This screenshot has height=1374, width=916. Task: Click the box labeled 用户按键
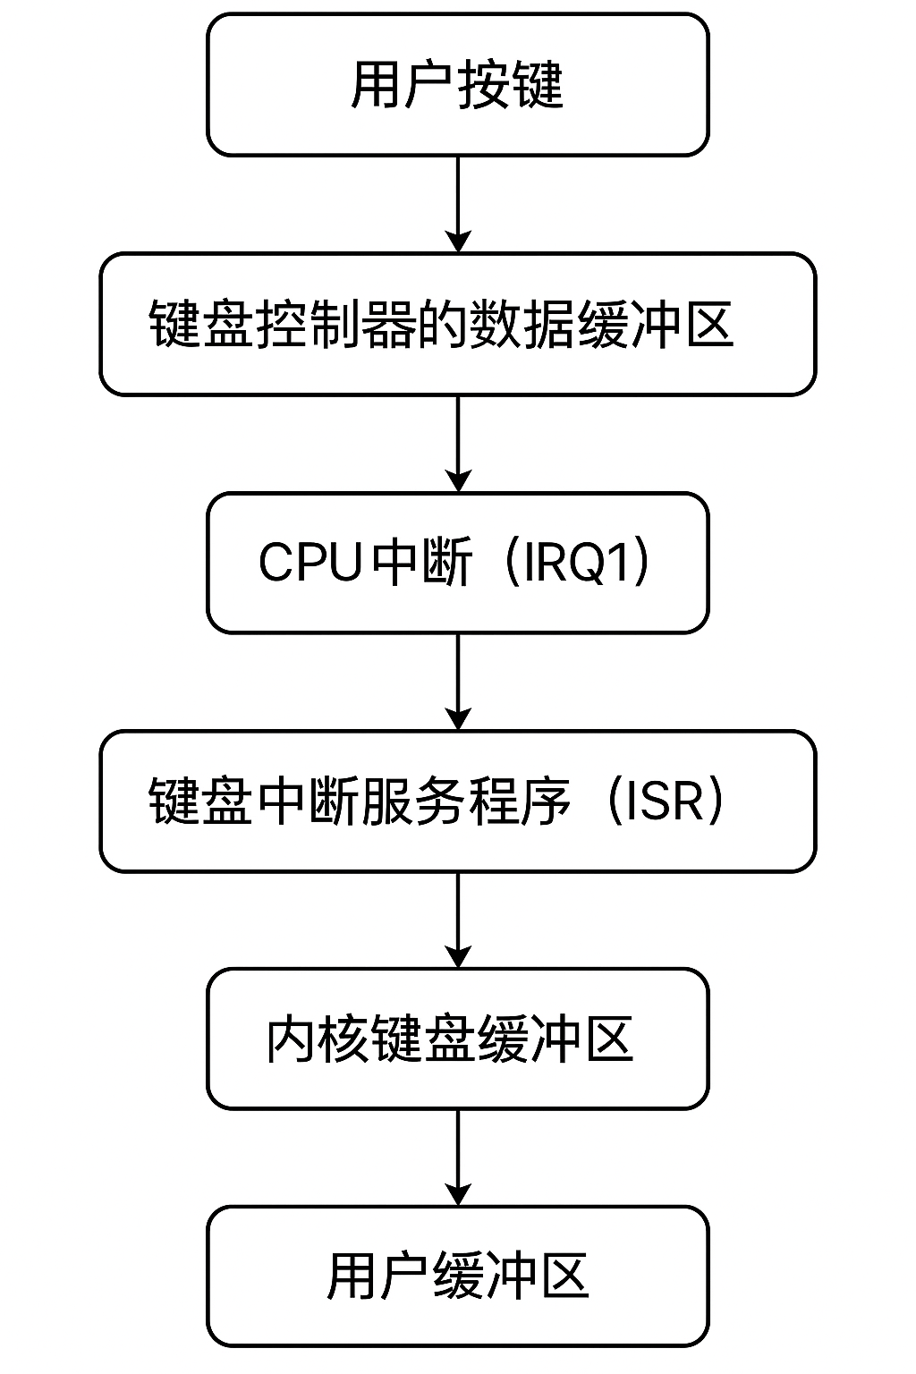coord(457,85)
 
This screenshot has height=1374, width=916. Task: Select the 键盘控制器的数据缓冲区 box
coord(457,324)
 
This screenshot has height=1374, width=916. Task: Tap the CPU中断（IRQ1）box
coord(457,563)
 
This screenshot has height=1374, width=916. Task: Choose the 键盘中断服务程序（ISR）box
coord(457,801)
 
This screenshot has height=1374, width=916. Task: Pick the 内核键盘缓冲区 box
coord(457,1039)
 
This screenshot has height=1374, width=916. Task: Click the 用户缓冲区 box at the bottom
coord(457,1276)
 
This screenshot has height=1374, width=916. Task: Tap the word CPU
coord(310,564)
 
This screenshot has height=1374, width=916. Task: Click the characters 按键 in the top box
coord(511,86)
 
